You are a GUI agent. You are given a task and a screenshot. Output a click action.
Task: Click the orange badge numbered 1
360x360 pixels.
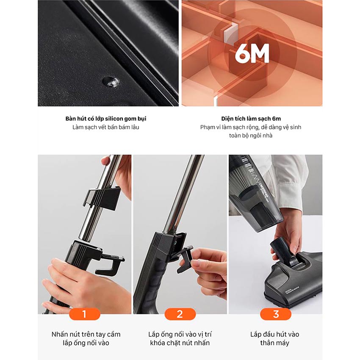(84, 314)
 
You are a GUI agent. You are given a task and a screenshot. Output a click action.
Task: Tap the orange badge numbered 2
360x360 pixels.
(180, 314)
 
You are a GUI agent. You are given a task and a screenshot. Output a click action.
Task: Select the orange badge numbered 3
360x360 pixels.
(276, 314)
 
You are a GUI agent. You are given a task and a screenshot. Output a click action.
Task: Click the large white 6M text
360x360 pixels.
(252, 54)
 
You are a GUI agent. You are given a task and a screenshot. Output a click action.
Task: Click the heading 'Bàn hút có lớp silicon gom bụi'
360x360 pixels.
(106, 119)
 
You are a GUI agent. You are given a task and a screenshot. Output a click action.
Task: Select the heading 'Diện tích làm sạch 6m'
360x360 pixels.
(251, 119)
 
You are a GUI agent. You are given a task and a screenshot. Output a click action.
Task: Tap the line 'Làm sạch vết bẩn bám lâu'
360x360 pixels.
(106, 127)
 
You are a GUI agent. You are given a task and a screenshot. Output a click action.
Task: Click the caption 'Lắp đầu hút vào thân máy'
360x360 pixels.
(275, 338)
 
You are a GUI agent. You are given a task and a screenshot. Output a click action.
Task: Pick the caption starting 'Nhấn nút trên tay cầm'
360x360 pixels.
(86, 338)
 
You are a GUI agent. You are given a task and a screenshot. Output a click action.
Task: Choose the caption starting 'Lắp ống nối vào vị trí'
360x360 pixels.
(180, 338)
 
